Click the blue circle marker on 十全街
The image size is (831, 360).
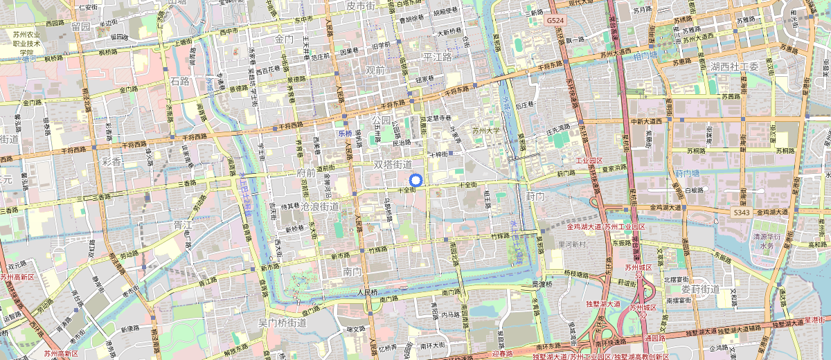coord(415,181)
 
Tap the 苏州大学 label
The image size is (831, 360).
coord(485,130)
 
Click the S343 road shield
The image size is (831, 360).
coord(740,212)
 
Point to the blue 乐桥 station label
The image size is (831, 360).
coord(345,132)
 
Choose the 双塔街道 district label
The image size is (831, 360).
coord(393,165)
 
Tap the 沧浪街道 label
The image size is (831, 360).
coord(319,206)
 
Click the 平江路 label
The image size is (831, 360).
coord(438,57)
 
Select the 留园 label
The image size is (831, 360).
coord(81,26)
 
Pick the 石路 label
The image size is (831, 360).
coord(179,81)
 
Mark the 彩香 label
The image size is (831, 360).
coord(111,161)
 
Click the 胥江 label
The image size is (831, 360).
coord(183,224)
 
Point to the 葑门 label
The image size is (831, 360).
coord(535,197)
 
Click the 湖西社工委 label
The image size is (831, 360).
coord(734,66)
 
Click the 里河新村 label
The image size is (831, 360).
coord(572,244)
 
